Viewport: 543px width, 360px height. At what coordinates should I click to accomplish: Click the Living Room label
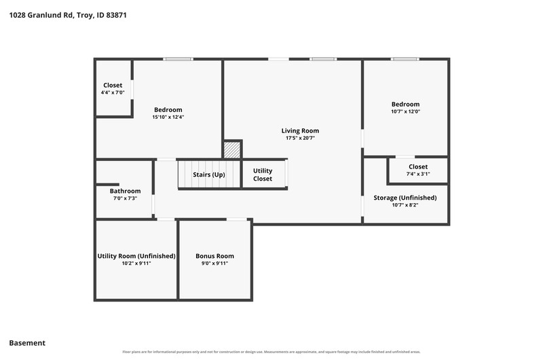(300, 130)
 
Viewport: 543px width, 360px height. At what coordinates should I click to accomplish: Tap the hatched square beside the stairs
(231, 149)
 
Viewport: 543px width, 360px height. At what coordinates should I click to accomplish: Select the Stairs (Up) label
(209, 175)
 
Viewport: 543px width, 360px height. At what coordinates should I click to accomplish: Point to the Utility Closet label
(263, 175)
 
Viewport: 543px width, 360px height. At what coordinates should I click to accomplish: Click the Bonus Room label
(214, 256)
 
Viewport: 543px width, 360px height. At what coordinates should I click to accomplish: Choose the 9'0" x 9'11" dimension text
(214, 264)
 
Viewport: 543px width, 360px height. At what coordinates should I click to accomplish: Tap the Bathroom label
(125, 191)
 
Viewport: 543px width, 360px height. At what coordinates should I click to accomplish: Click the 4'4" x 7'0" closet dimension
(113, 92)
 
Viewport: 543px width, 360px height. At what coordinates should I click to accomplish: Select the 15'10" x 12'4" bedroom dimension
(168, 117)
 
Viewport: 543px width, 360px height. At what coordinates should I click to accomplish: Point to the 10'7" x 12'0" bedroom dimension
(405, 111)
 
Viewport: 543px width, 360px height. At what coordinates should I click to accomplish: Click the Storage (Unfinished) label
(405, 198)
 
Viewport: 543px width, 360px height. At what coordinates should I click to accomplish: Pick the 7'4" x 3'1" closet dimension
(418, 174)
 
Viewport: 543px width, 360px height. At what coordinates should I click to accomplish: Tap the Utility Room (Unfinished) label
(136, 256)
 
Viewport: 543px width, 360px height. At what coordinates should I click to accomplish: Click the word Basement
(27, 343)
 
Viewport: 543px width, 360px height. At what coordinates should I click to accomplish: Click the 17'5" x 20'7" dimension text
(300, 138)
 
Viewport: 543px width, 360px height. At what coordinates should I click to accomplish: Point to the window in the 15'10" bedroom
(178, 59)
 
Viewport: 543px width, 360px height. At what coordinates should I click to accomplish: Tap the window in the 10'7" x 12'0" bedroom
(405, 59)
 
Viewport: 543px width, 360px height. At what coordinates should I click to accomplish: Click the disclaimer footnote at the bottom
(271, 352)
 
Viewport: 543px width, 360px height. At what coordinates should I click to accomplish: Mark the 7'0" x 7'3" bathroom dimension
(125, 198)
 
